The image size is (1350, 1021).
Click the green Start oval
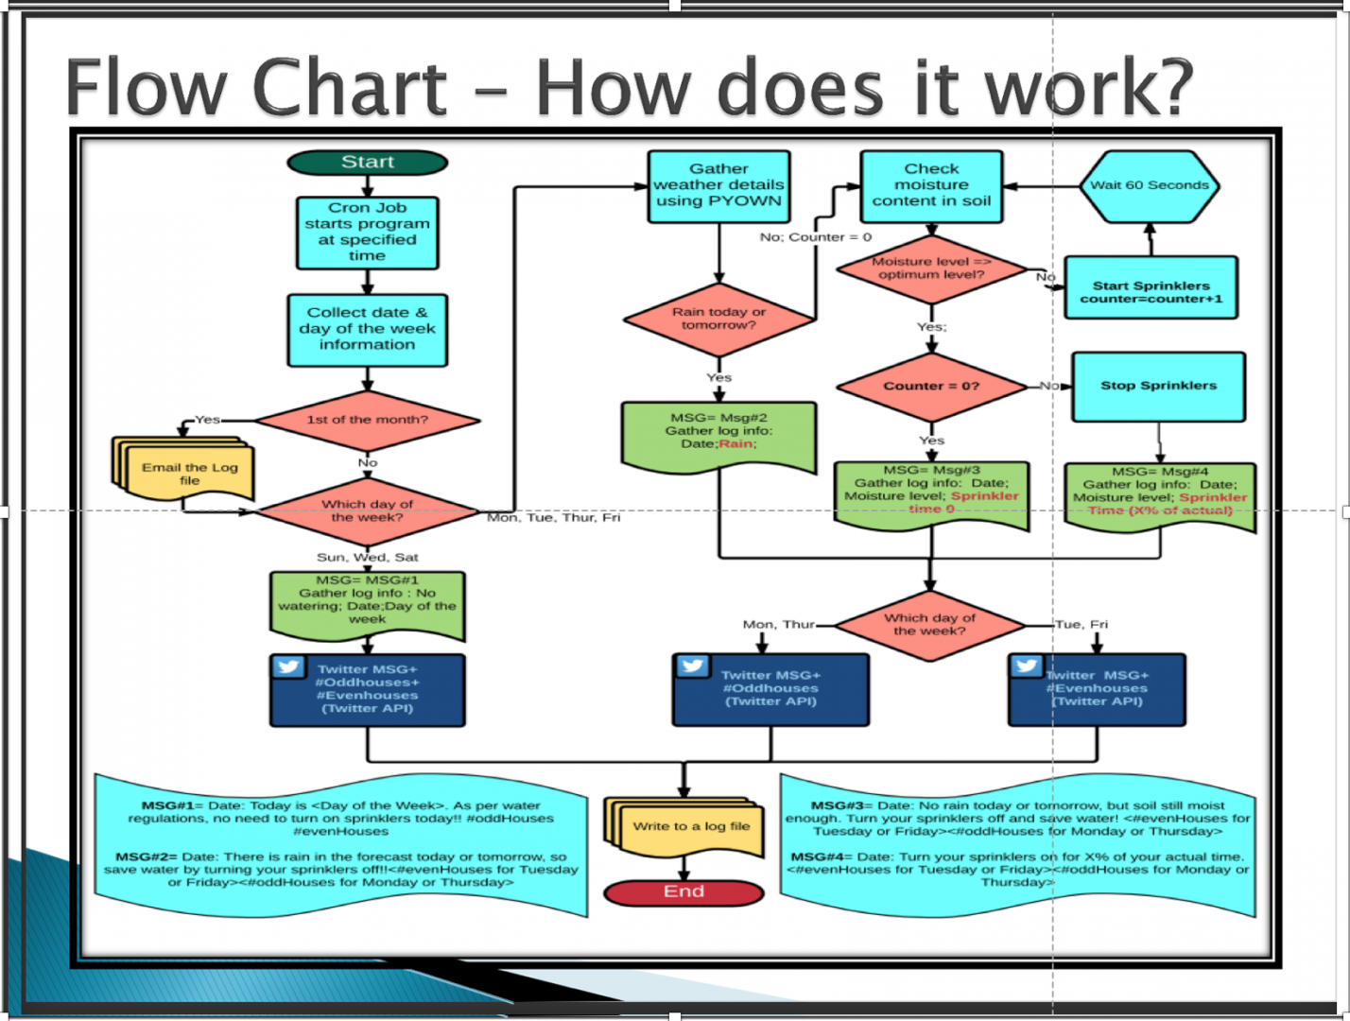[367, 163]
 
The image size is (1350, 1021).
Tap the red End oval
[684, 891]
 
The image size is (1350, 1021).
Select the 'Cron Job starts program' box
[367, 232]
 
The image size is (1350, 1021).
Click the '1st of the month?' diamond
[367, 420]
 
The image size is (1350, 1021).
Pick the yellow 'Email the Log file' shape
[189, 473]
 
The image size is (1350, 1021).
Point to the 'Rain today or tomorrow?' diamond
[718, 319]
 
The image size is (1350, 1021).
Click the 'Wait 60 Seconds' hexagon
[1149, 185]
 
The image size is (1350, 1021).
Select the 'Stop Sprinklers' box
[1158, 386]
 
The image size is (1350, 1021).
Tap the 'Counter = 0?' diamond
[931, 386]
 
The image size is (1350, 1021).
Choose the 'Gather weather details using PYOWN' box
[718, 185]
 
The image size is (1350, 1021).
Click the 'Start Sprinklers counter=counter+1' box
[1151, 287]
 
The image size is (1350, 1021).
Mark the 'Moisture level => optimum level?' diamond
[931, 268]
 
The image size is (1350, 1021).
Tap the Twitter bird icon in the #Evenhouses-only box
[1027, 666]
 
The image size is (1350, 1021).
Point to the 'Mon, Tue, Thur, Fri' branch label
[553, 518]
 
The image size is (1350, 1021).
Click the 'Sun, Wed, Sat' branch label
[367, 558]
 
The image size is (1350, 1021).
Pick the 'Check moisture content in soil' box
[931, 185]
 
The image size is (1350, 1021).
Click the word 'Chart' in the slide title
[350, 87]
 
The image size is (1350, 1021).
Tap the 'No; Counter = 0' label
[815, 237]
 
